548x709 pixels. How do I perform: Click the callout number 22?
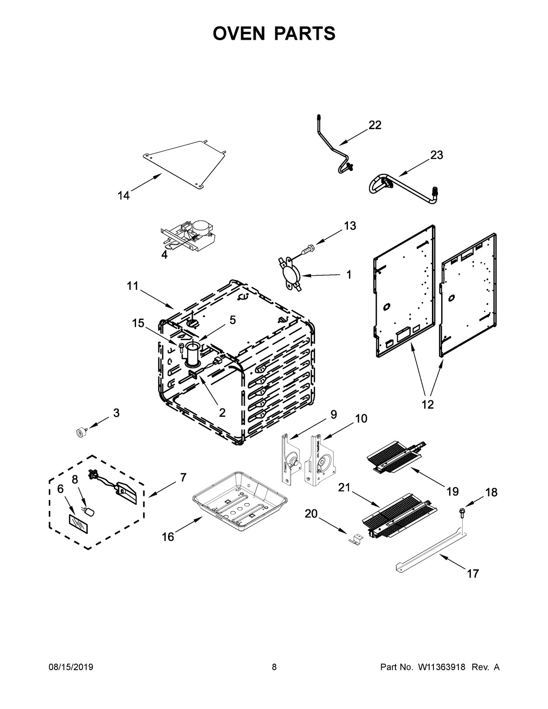tap(374, 125)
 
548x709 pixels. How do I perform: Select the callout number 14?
tap(123, 196)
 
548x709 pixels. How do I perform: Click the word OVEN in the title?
tap(239, 33)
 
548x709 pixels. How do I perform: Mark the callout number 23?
tap(436, 155)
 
